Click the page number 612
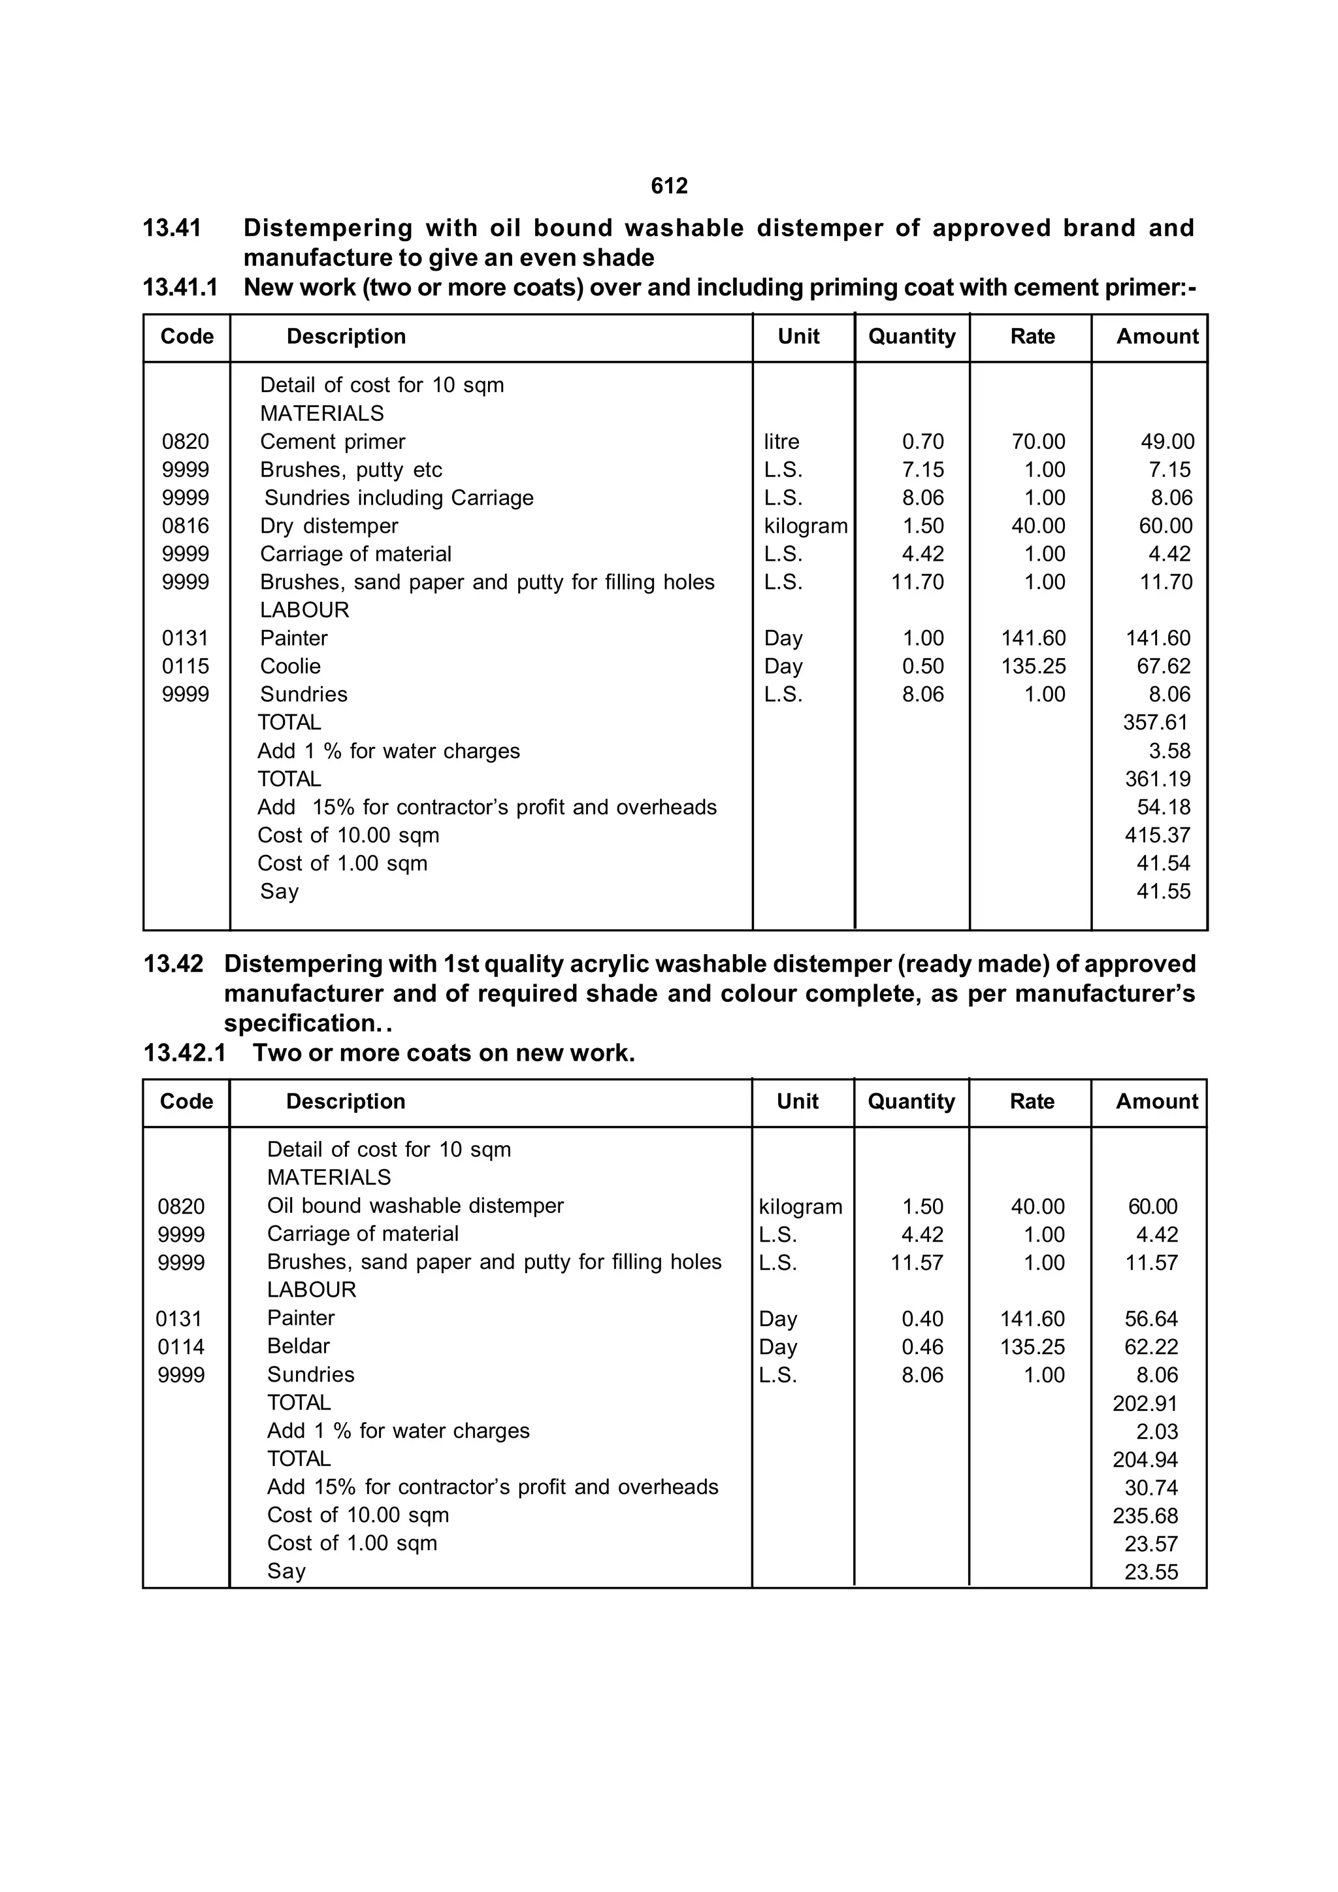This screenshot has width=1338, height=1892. point(669,186)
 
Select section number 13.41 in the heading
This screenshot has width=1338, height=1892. point(172,228)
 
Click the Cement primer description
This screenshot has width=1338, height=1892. point(332,442)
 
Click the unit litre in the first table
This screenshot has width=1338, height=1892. point(781,442)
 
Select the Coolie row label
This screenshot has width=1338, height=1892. point(290,666)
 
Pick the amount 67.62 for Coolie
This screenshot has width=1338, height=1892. point(1164,666)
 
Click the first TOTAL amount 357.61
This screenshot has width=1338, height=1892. point(1155,723)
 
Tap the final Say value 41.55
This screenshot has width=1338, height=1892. point(1164,891)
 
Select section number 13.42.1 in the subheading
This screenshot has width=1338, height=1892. point(184,1053)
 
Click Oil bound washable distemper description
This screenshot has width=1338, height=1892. point(416,1206)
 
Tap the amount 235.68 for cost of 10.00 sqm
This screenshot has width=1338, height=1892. point(1145,1516)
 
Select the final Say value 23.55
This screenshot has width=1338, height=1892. point(1151,1572)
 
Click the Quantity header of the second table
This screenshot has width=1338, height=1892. point(911,1102)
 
